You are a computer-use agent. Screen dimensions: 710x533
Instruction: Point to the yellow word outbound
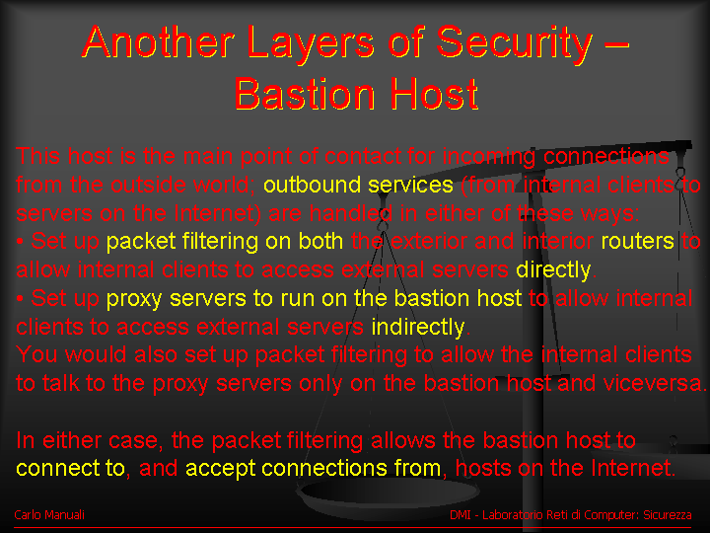click(x=312, y=185)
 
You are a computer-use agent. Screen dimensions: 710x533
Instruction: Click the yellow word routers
click(x=638, y=241)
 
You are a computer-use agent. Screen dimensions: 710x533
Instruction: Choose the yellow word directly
click(x=553, y=270)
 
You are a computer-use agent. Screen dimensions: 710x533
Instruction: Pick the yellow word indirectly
click(x=418, y=327)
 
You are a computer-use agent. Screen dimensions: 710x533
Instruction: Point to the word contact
click(x=363, y=156)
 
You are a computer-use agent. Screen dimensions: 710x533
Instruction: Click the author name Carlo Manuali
click(x=49, y=515)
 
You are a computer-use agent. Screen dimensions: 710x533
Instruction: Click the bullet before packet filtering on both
click(x=20, y=242)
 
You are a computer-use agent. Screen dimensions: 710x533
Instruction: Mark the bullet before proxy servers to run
click(x=20, y=299)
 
